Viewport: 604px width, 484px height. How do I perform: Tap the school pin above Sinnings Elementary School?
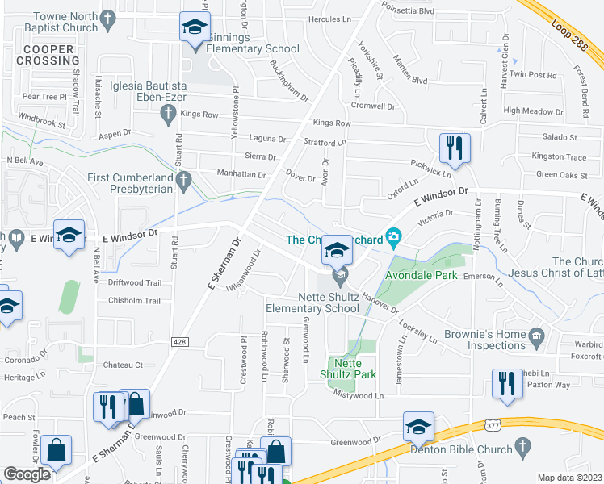coord(195,30)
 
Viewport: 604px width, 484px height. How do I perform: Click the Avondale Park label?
coord(421,275)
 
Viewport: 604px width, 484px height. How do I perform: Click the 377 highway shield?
coord(493,424)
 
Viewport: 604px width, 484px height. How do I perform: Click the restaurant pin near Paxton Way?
coord(506,384)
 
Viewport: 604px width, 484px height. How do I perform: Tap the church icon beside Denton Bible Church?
coord(522,446)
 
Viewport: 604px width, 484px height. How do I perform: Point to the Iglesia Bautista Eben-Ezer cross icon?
coord(170,115)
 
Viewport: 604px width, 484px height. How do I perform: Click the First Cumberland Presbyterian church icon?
coord(185,179)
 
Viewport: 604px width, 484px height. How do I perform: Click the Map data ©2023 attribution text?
coord(570,478)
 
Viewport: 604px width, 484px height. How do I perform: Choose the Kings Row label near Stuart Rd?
coord(199,115)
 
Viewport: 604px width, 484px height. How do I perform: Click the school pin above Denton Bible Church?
coord(419,427)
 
